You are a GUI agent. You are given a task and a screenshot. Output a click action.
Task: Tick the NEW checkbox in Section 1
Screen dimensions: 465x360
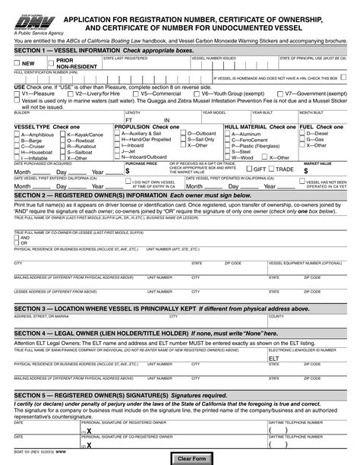(x=18, y=63)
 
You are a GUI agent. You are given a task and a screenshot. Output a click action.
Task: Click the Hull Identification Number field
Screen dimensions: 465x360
(x=106, y=77)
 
